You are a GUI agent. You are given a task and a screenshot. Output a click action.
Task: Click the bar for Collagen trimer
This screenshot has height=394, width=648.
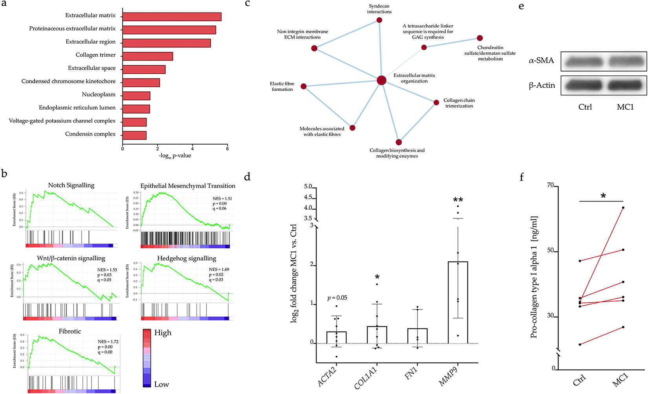tap(148, 56)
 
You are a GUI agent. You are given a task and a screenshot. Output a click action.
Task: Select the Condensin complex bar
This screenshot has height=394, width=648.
tap(134, 135)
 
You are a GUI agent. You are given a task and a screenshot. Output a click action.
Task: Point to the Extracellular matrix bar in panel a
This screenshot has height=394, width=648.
tap(172, 16)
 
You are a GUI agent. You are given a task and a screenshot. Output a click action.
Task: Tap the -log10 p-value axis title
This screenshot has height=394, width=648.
tap(175, 156)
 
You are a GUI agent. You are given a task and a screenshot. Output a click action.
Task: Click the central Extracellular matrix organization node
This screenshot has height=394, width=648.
tap(381, 81)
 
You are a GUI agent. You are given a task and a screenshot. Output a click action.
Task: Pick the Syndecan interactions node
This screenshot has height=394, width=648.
tap(379, 20)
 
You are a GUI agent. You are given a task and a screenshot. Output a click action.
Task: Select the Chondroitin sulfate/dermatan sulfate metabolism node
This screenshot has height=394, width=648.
tap(480, 38)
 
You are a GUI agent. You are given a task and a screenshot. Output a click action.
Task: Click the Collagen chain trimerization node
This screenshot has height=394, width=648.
tap(436, 103)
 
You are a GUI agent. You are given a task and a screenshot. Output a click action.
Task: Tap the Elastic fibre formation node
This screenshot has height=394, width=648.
tap(304, 86)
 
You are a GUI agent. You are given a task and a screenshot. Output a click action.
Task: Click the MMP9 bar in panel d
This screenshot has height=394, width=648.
tap(458, 302)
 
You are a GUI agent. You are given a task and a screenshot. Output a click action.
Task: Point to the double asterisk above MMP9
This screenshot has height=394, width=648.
tap(458, 200)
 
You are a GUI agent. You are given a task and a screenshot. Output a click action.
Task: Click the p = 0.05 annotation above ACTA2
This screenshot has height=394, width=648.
tap(337, 298)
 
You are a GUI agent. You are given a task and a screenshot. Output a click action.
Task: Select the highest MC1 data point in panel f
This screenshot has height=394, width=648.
tap(623, 208)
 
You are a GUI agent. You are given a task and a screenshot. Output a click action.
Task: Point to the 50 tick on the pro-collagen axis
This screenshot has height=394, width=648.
tap(551, 251)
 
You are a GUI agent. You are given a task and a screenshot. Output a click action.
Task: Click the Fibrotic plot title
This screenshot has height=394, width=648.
tap(70, 331)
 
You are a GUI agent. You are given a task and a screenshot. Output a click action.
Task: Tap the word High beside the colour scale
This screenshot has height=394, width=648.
tap(163, 333)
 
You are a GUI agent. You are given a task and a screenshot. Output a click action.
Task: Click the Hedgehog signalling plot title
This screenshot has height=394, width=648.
tap(187, 258)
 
